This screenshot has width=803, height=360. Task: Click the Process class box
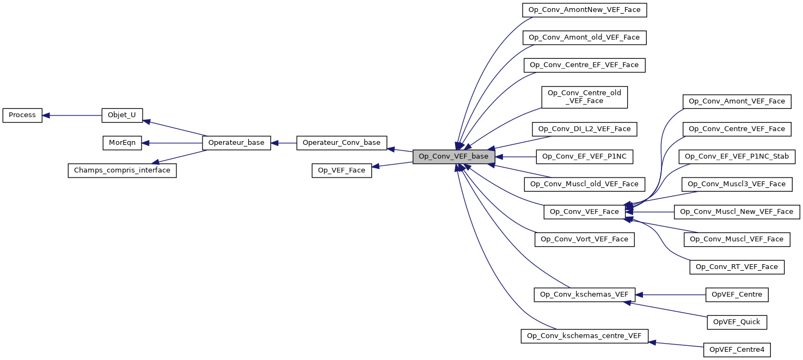tap(22, 115)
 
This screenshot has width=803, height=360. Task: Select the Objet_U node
tap(122, 115)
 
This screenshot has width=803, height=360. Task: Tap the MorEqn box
tap(122, 143)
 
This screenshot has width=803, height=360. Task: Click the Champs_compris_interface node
tap(122, 170)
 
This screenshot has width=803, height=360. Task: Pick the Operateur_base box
tap(236, 143)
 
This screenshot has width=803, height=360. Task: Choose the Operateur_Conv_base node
tap(341, 143)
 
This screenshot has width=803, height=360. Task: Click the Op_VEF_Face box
tap(341, 170)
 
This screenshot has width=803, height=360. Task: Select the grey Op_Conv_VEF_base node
tap(453, 157)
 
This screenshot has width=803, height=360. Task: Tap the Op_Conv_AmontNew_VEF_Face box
tap(584, 10)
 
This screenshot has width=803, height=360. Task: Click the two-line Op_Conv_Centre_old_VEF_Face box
tap(584, 97)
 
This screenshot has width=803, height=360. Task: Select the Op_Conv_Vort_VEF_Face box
tap(584, 239)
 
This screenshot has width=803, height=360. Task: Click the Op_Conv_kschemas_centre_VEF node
tap(584, 336)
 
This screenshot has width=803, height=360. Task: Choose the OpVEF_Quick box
tap(737, 322)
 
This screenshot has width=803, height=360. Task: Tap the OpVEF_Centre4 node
tap(737, 349)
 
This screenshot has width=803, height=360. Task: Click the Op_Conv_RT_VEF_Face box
tap(737, 267)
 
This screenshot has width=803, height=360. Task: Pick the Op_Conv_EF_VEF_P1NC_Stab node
tap(737, 156)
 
